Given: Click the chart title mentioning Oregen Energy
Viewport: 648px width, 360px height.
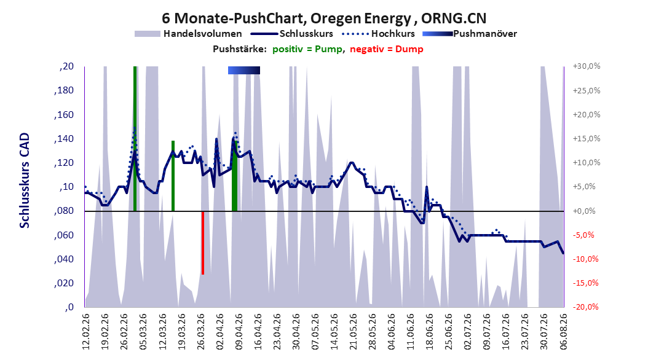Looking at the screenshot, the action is [324, 18].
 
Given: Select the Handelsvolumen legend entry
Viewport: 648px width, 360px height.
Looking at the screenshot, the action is [189, 34].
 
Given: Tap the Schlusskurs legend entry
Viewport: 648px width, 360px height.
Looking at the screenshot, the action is [292, 34].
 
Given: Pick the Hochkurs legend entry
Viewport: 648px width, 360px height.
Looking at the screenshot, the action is [379, 34].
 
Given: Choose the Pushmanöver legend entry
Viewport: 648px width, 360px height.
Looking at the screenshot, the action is [470, 34].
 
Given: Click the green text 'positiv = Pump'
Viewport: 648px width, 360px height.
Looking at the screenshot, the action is [307, 49].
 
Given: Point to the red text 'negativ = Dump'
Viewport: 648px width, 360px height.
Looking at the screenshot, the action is [387, 49].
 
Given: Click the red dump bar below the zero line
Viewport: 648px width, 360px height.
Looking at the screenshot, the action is [203, 243].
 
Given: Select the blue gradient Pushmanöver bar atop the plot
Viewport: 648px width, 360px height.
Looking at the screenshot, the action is [244, 71].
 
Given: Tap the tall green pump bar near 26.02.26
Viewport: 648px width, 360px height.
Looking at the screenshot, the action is [135, 139].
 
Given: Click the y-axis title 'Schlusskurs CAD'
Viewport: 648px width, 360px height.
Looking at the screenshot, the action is [25, 180].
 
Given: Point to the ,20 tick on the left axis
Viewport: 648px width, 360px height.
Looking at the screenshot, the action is [66, 66].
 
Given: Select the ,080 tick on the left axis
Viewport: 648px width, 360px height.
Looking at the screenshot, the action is [64, 211].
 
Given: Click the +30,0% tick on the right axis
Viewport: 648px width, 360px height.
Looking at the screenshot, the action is [587, 66].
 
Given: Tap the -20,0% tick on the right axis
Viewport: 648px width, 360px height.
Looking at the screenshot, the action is [585, 307].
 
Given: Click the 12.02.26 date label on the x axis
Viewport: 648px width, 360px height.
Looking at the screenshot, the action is [86, 332].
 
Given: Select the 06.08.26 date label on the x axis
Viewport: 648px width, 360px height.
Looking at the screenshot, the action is [563, 332].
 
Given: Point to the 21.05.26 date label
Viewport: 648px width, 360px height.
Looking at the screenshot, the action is [353, 332].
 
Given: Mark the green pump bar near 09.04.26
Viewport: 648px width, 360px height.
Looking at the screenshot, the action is [234, 176].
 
